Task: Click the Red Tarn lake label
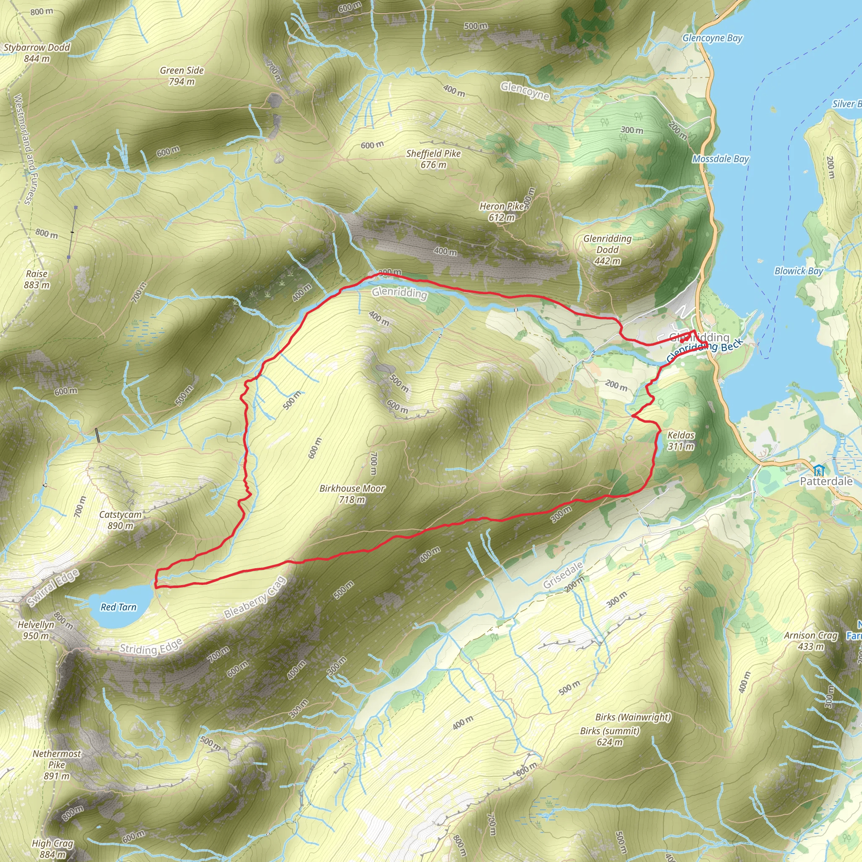[118, 607]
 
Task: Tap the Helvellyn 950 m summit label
[36, 630]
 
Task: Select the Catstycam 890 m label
[120, 520]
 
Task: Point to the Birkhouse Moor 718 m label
[352, 494]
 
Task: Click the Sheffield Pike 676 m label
[433, 159]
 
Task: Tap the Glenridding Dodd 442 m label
[607, 250]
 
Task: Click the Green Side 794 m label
[181, 76]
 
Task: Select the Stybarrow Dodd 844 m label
[37, 53]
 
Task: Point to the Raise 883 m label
[37, 279]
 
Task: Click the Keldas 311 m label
[681, 440]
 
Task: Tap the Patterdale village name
[826, 481]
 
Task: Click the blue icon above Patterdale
[818, 470]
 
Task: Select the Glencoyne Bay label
[712, 38]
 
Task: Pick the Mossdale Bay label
[721, 159]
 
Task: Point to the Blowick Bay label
[798, 271]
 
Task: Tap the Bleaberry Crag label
[255, 598]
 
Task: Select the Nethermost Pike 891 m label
[57, 765]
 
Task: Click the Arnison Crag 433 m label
[811, 641]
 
